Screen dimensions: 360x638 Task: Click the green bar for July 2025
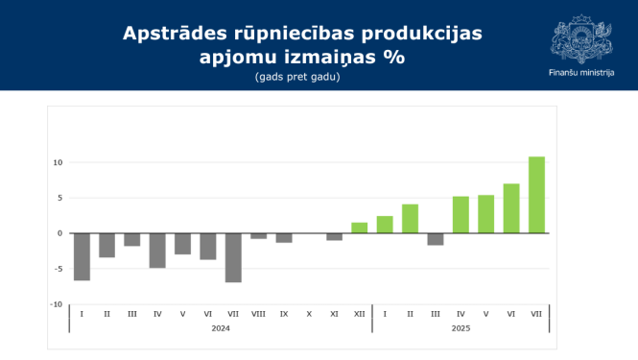point(536,195)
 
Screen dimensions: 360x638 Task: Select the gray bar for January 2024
point(82,256)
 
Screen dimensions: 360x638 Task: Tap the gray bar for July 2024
point(233,257)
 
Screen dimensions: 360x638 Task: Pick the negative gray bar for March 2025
point(436,239)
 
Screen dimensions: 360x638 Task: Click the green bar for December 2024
point(360,228)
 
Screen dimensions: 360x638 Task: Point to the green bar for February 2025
point(410,219)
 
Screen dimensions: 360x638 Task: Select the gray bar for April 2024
point(157,251)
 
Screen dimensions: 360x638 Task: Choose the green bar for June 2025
point(511,208)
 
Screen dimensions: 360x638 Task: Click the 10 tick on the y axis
point(58,162)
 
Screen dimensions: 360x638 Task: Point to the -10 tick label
point(57,304)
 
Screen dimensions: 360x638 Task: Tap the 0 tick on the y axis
point(59,233)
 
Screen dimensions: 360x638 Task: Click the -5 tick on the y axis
point(58,269)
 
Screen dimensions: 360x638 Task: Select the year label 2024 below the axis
point(221,328)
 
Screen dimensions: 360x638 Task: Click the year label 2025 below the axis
point(461,328)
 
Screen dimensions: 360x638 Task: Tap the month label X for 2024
point(309,314)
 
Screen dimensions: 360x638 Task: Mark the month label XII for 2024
point(359,314)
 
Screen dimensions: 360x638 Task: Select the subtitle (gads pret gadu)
point(297,77)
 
